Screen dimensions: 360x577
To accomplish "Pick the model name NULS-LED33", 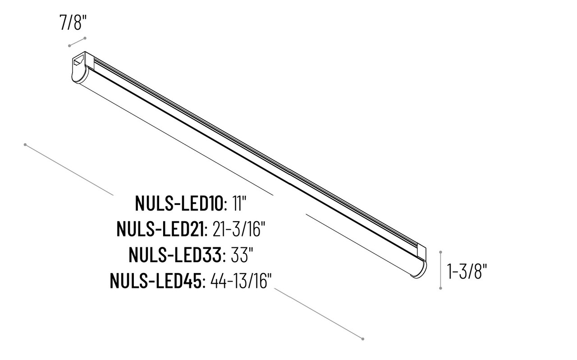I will click(176, 255).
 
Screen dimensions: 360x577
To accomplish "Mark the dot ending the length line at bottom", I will click(363, 338).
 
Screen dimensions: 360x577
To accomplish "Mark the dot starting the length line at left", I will click(25, 145).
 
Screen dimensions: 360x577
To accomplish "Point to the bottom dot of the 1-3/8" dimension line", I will click(440, 288).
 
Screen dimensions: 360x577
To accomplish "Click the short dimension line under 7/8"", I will click(77, 42).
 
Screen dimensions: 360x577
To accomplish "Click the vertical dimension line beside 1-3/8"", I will click(440, 270).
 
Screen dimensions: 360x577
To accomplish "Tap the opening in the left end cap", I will click(80, 59).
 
